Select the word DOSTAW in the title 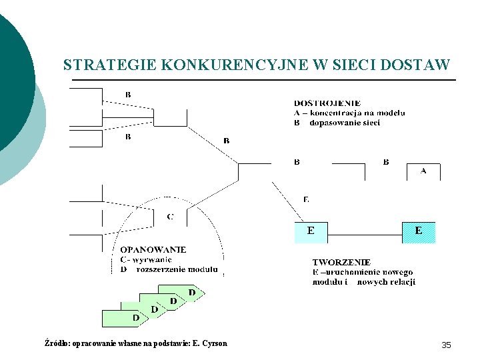tap(417, 65)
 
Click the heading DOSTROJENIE tap(327, 103)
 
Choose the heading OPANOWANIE tap(153, 250)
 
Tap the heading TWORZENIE tap(341, 263)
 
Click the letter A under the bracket tap(423, 171)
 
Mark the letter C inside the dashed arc tap(170, 217)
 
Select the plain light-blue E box tap(311, 232)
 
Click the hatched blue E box tap(418, 232)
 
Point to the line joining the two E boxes tap(364, 234)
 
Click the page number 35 tap(446, 345)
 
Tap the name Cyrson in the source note tap(215, 343)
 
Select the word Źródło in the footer tap(55, 343)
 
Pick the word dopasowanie tap(336, 123)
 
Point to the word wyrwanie tap(151, 260)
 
